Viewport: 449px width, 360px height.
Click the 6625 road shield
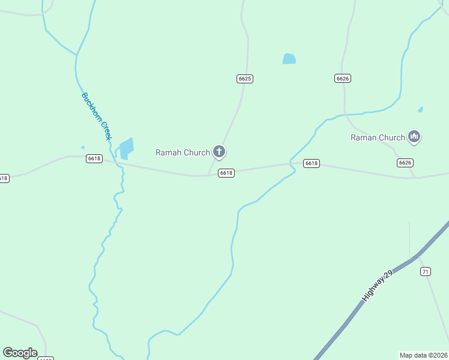point(244,79)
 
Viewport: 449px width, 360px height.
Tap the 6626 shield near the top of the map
point(343,79)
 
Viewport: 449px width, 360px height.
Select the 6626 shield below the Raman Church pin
point(405,163)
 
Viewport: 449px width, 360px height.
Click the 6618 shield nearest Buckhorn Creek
point(94,158)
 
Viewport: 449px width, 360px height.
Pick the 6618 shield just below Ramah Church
point(226,173)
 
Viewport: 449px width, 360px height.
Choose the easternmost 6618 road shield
point(311,163)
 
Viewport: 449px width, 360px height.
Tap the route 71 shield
point(426,272)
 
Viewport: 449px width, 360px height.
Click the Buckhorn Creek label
point(97,116)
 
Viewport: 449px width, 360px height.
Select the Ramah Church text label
point(182,152)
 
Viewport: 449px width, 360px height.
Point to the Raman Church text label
point(378,137)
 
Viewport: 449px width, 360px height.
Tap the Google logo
point(20,353)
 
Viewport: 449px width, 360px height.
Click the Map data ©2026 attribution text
point(423,355)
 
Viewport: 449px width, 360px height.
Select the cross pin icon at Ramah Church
point(219,152)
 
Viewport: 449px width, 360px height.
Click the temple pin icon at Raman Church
point(414,137)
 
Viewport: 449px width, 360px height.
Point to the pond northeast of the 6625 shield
point(289,59)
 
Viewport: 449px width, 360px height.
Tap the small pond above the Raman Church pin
point(420,110)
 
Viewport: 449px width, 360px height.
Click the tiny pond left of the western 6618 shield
point(83,148)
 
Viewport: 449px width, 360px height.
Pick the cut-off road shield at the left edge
point(4,178)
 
